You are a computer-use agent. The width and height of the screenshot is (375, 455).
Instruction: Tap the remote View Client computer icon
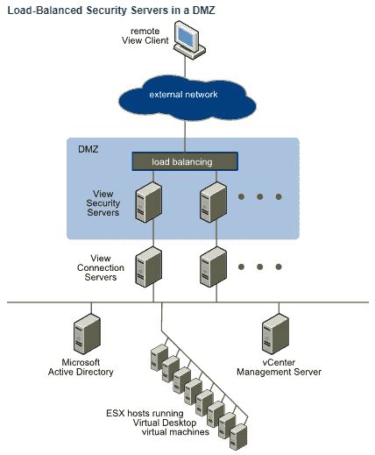[x=187, y=40]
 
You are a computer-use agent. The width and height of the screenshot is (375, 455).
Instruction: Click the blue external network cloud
[x=183, y=95]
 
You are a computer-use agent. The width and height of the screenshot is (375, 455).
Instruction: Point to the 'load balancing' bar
[x=184, y=161]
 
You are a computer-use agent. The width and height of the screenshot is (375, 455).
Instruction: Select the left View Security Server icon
[x=149, y=202]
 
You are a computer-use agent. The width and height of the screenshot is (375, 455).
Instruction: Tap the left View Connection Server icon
[x=149, y=266]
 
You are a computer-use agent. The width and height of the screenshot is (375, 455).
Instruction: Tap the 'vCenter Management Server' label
[x=279, y=367]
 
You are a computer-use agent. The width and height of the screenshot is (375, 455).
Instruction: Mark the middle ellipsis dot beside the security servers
[x=260, y=197]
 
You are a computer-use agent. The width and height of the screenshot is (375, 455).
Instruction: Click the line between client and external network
[x=185, y=65]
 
